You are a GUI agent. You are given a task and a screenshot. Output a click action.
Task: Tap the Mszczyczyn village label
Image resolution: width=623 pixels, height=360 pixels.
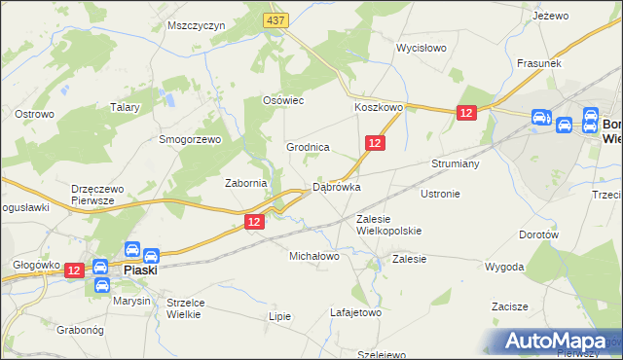click(197, 25)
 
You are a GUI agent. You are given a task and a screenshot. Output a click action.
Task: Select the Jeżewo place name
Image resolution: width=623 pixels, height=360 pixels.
click(550, 16)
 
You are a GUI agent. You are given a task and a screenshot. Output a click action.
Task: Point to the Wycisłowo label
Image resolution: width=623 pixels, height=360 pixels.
click(421, 48)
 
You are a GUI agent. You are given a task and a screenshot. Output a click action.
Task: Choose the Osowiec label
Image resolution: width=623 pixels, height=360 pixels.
click(285, 100)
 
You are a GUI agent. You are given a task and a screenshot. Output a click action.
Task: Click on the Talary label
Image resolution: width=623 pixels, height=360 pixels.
click(126, 108)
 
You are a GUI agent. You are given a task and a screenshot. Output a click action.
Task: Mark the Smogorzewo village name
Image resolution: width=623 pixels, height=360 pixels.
click(191, 139)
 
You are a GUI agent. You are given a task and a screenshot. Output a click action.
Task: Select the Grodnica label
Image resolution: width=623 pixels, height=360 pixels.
click(308, 147)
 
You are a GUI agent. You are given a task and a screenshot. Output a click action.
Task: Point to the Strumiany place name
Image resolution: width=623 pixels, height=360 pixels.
click(456, 164)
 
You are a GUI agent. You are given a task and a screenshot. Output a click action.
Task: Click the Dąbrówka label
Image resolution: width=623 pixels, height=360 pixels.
click(337, 187)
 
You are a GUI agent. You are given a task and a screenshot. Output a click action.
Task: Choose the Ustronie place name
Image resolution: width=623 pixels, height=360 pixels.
click(440, 194)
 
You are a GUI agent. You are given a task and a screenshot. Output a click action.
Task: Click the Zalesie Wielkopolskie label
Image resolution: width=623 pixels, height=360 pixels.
click(388, 225)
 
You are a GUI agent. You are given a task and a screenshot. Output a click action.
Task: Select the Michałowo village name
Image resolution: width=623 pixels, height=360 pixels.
click(313, 256)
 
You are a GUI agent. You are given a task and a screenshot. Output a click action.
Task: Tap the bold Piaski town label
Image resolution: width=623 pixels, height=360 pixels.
click(142, 272)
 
